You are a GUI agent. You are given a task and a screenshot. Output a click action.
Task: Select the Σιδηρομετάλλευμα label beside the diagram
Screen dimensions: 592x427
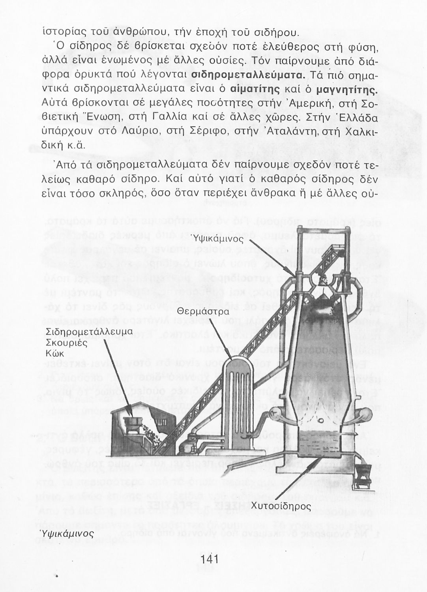pos(89,332)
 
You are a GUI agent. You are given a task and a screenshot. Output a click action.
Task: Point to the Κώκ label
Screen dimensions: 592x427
pos(54,353)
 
